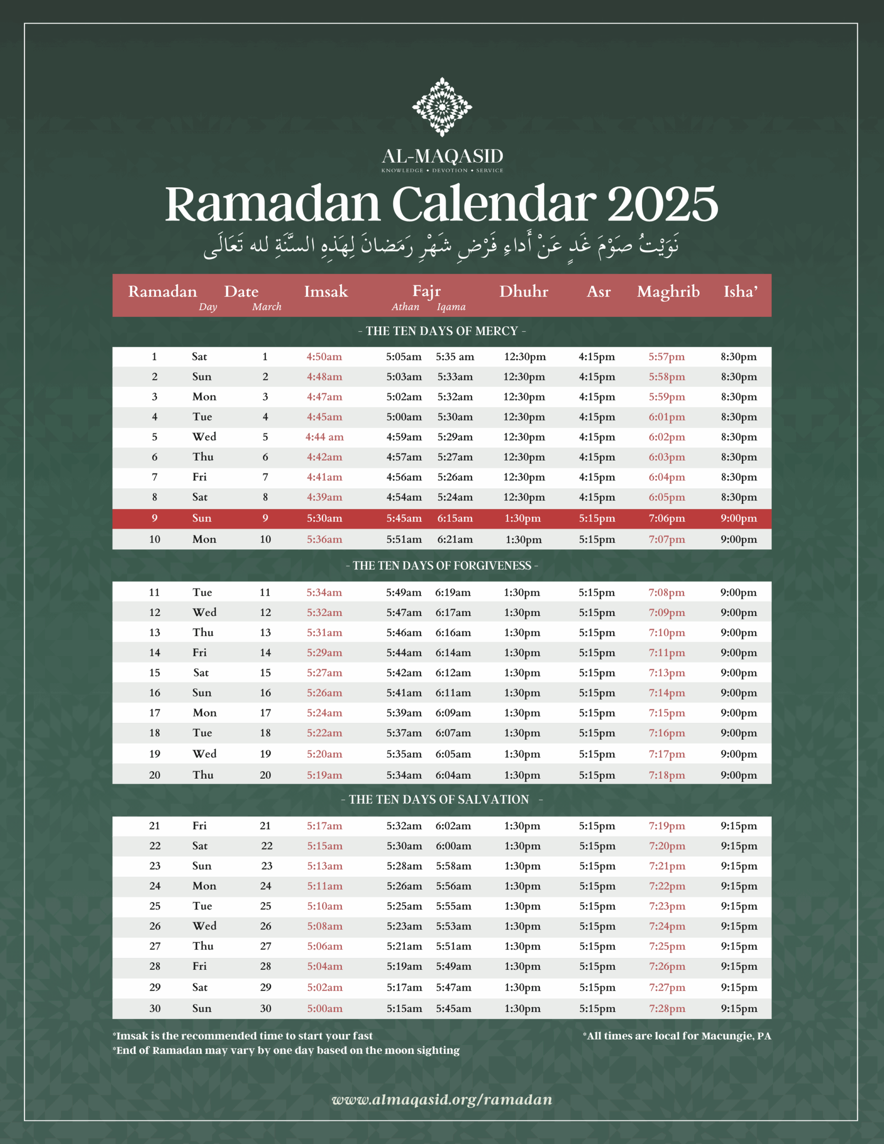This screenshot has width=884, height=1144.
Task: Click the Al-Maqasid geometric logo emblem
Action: tap(442, 107)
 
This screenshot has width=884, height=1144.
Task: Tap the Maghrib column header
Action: tap(668, 291)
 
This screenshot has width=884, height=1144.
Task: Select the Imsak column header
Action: tap(326, 291)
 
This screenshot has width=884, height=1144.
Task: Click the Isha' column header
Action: tap(741, 291)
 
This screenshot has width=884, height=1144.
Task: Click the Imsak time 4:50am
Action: tap(324, 357)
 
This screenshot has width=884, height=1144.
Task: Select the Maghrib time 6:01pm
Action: tap(666, 417)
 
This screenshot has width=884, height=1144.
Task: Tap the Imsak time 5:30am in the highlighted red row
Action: tap(324, 518)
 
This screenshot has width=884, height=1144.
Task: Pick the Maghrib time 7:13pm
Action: tap(666, 673)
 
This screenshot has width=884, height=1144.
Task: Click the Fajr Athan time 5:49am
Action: tap(404, 593)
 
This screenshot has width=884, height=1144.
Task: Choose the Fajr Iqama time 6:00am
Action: tap(453, 845)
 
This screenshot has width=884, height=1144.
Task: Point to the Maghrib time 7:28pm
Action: tap(666, 1008)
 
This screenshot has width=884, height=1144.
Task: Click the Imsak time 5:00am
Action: tap(324, 1008)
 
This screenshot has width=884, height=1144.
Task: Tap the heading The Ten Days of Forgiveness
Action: tap(442, 566)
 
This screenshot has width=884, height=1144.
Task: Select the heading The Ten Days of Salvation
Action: tap(439, 799)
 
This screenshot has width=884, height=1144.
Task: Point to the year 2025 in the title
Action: tap(662, 204)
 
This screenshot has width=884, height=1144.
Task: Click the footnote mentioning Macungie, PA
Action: tap(677, 1035)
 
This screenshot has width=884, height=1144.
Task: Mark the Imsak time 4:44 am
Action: tap(324, 437)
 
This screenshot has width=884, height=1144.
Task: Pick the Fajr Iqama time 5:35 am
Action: tap(455, 357)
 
